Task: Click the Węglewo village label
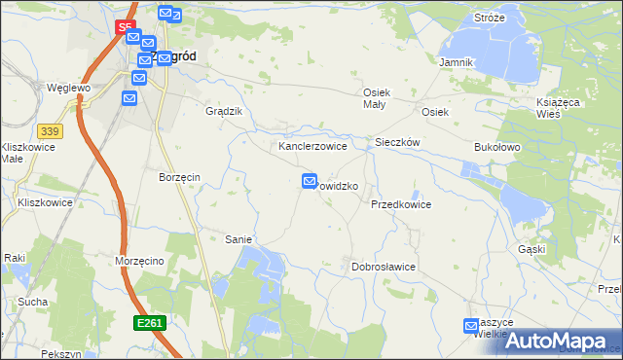tap(68, 88)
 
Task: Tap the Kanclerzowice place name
tap(313, 146)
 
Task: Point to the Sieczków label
tap(397, 142)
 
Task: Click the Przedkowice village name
tap(400, 205)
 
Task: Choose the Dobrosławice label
tap(384, 267)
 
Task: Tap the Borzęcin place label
tap(179, 178)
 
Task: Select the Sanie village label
tap(238, 239)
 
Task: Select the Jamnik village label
tap(456, 62)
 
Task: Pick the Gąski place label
tap(531, 249)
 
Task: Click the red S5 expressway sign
tap(124, 29)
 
